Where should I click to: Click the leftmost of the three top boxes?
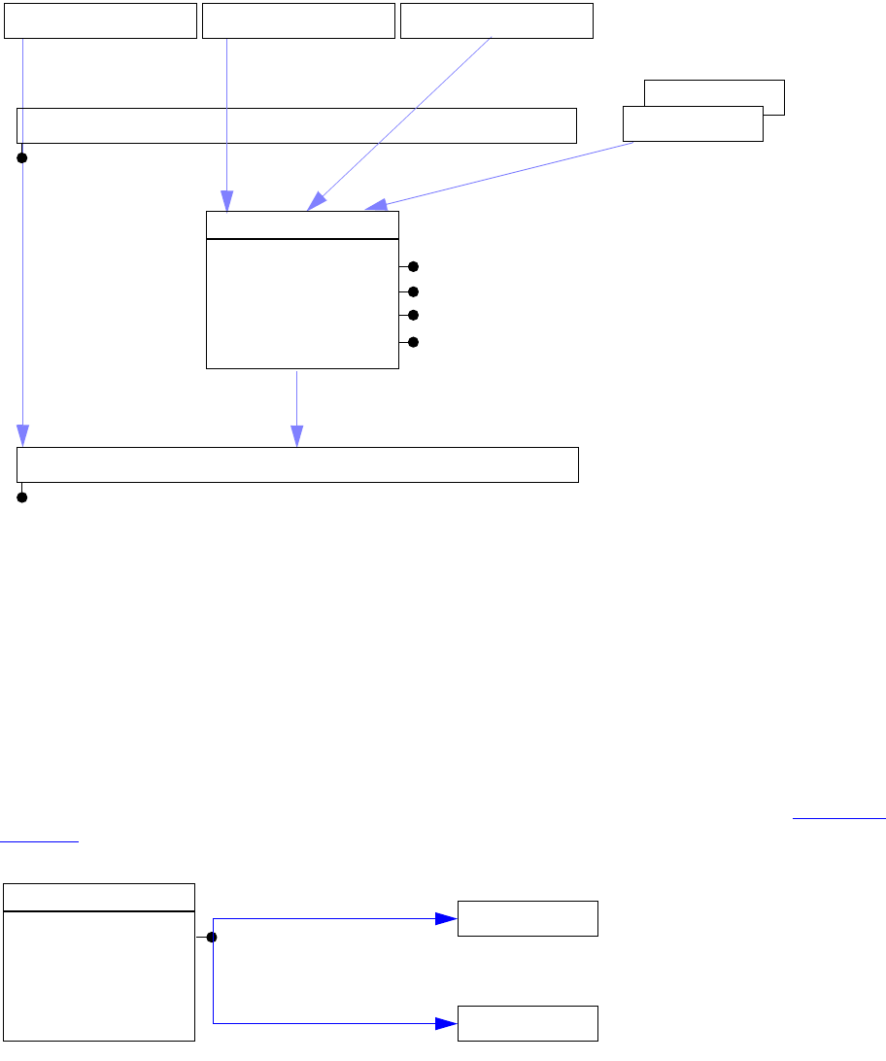101,20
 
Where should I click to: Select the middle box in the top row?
298,20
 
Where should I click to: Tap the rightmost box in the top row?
496,20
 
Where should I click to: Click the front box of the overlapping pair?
692,123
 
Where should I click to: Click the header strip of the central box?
302,224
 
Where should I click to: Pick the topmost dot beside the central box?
413,266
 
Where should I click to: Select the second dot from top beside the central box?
413,291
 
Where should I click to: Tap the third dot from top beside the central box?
413,315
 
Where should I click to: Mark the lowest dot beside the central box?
413,342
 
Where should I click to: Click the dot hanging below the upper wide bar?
21,157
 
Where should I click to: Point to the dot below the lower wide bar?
21,497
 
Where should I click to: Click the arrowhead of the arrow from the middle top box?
227,202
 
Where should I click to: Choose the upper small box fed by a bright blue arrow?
528,918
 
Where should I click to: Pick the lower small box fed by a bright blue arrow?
528,1023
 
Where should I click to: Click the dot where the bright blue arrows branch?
212,938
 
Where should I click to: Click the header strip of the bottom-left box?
99,897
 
